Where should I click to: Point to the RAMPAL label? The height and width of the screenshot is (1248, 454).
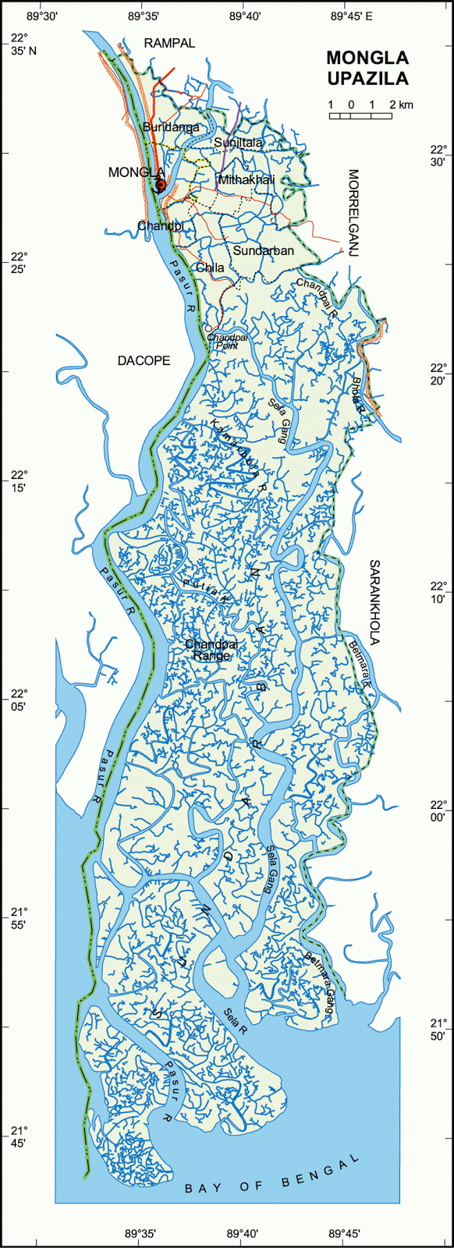169,44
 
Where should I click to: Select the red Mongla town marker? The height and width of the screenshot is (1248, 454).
160,185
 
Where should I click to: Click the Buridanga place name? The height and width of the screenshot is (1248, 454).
171,126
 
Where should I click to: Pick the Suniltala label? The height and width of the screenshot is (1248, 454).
238,143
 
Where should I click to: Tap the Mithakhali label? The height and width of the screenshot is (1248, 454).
247,179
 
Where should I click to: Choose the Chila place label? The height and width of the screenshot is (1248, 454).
210,268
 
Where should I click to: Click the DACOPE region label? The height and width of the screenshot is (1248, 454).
144,360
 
